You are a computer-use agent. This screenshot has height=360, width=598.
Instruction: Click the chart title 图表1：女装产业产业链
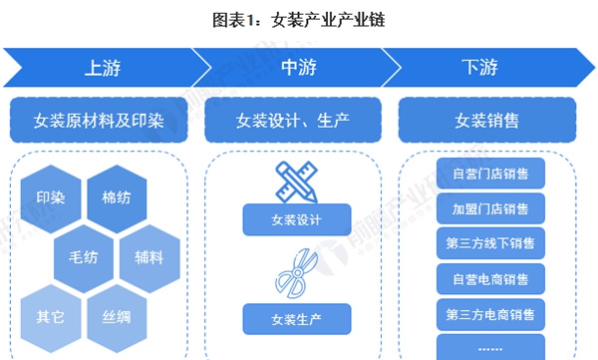point(298,20)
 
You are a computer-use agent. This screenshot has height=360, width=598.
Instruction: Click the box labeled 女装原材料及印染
point(99,121)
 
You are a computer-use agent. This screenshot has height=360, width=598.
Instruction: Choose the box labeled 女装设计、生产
point(293,121)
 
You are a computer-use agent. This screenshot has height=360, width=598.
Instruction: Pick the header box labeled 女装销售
point(487,121)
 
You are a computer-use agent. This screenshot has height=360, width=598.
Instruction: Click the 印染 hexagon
point(51,198)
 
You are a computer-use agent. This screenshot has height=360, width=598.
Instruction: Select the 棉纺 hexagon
point(117,198)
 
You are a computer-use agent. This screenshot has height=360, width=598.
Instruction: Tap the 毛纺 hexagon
point(84,258)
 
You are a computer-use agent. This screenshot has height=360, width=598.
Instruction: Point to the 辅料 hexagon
point(149,258)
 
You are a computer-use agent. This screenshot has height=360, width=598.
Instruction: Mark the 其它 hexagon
point(51,318)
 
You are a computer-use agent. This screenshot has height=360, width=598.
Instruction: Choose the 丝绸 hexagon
point(117,318)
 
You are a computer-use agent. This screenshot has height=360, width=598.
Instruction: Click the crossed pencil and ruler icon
point(297,182)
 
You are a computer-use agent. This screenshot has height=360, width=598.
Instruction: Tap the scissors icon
point(297,273)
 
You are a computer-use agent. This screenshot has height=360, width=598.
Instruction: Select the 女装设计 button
point(297,219)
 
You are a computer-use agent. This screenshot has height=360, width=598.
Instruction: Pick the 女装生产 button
point(297,319)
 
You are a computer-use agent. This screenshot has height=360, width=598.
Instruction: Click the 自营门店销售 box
point(490,174)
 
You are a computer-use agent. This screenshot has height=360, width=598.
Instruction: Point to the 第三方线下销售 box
point(490,243)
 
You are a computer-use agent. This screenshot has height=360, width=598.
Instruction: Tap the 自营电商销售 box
point(490,279)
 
